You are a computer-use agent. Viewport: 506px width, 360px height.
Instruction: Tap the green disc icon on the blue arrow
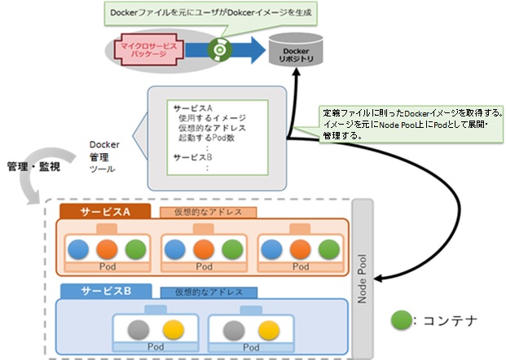tap(218, 50)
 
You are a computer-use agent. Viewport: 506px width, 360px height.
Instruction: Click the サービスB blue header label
tap(106, 291)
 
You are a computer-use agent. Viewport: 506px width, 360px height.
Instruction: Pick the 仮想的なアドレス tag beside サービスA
tap(208, 213)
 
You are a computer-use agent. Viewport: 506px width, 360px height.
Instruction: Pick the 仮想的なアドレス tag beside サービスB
tap(209, 292)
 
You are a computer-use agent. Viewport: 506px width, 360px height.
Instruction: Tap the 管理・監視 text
tap(33, 167)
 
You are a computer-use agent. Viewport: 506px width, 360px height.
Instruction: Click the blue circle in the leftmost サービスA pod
tap(78, 248)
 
